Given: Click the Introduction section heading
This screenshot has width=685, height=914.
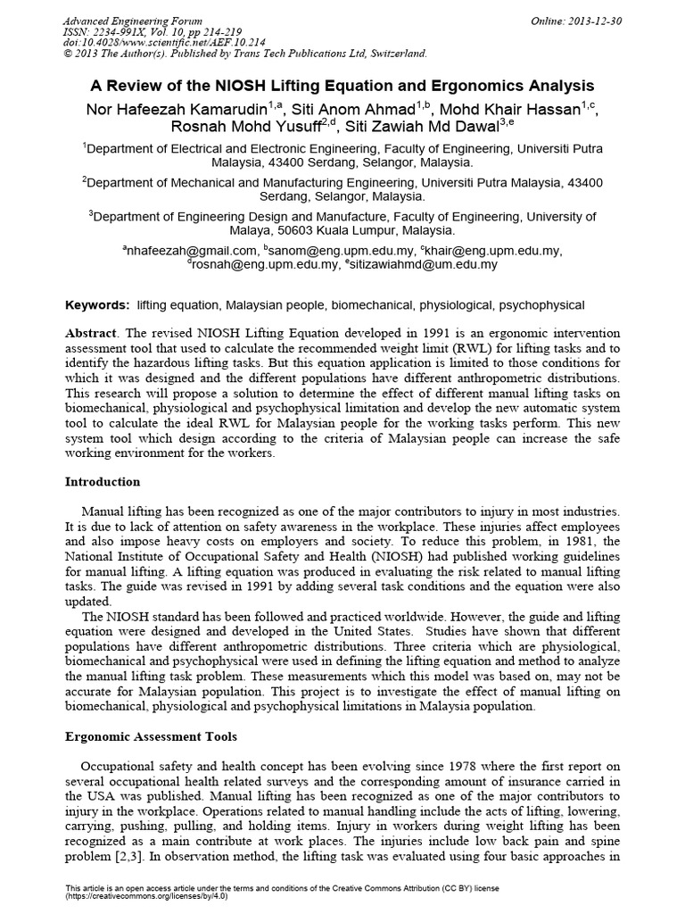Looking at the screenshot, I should click(103, 482).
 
